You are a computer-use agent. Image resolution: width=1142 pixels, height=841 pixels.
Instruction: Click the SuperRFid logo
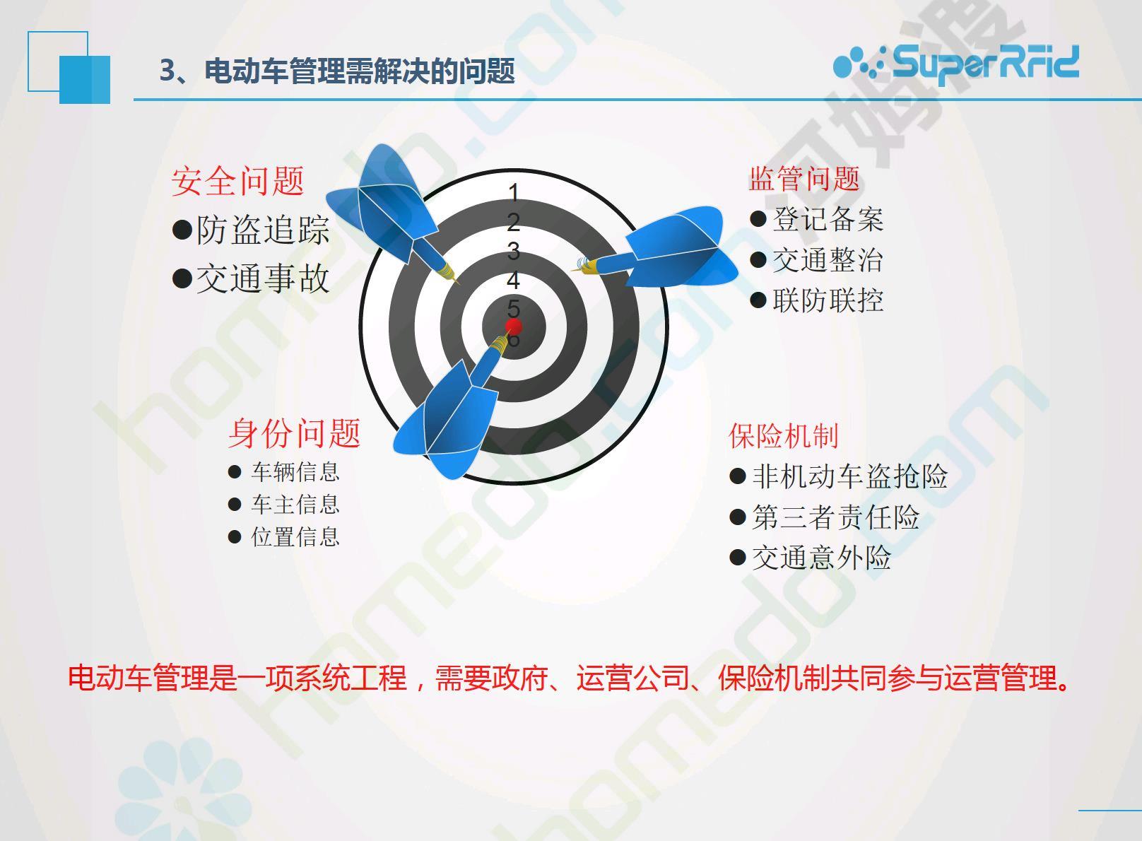(956, 63)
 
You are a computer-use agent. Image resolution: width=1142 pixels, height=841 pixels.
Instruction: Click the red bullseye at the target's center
(513, 327)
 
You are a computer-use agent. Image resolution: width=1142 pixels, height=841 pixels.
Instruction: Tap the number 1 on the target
(513, 193)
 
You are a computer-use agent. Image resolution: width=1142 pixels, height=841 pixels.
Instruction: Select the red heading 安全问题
(237, 181)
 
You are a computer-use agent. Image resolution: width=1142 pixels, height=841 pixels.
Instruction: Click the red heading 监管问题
(804, 178)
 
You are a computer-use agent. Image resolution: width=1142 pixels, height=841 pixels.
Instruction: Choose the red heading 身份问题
(294, 433)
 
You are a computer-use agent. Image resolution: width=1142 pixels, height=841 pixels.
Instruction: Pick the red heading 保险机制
(784, 436)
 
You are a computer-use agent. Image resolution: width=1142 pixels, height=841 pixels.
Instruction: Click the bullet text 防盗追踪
(263, 230)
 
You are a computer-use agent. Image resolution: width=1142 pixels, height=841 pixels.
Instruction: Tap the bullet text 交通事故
(263, 278)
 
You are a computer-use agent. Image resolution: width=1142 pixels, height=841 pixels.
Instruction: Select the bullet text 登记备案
(828, 219)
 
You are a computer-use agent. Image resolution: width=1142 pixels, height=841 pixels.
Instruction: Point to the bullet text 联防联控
(828, 300)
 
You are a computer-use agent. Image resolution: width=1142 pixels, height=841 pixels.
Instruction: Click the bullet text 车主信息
(295, 504)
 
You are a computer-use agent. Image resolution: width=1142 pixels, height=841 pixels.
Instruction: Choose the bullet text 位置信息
(295, 536)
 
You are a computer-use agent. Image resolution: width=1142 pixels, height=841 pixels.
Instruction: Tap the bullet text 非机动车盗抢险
(850, 476)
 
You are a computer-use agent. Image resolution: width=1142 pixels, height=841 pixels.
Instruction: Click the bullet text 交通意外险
(822, 558)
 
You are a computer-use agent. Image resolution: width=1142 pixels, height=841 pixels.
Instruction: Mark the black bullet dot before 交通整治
(758, 259)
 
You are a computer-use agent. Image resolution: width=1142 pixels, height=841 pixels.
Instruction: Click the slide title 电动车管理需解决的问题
(359, 71)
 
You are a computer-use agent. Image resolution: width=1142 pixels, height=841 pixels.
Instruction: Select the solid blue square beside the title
(85, 80)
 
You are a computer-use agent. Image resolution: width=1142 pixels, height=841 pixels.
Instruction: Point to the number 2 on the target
(513, 222)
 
